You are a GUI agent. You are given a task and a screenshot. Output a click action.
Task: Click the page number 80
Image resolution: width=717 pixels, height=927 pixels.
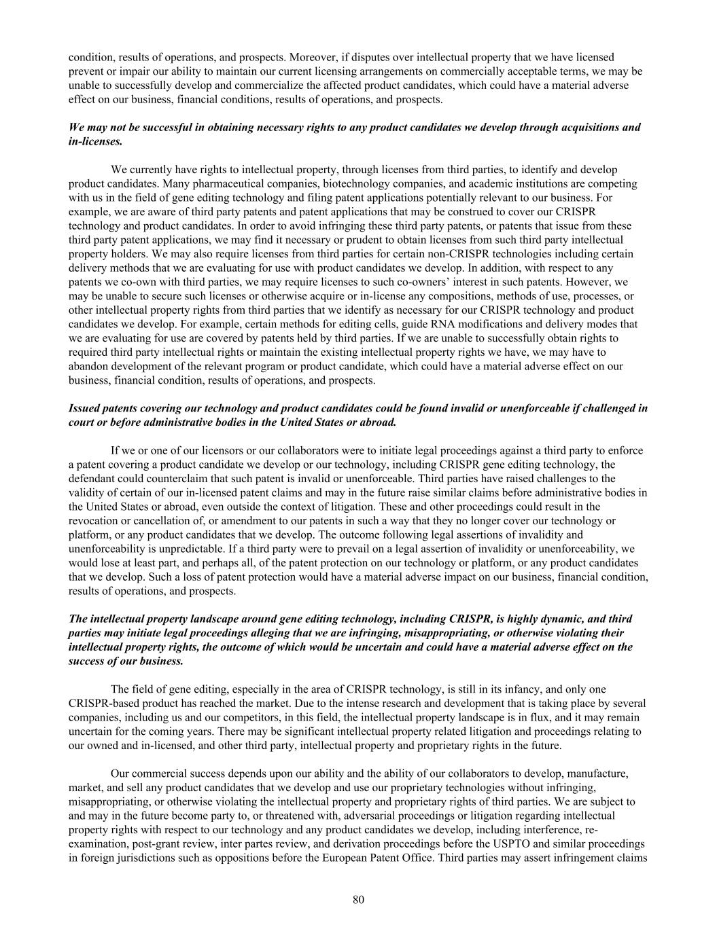coord(359,900)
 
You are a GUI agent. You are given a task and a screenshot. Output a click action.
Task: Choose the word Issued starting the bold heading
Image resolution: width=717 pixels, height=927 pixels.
coord(85,408)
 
